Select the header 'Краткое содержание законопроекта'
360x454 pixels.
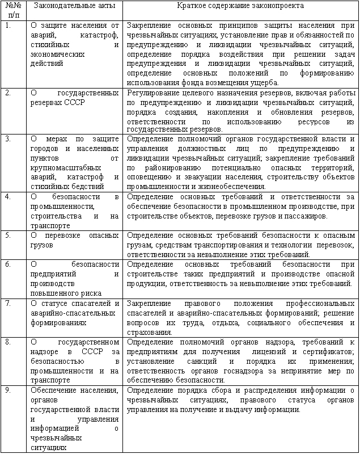click(240, 5)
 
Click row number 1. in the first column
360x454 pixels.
click(7, 26)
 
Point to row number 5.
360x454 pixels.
click(7, 234)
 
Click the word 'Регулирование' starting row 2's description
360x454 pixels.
click(151, 93)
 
